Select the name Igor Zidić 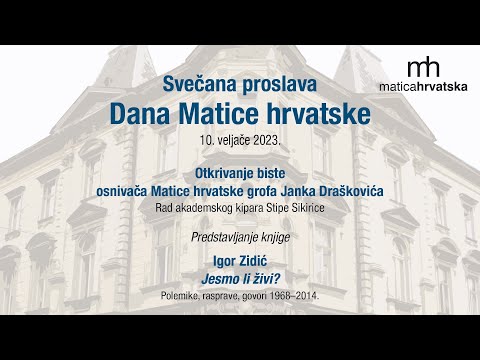(239, 257)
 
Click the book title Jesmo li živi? (239, 276)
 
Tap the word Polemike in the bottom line (181, 297)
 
